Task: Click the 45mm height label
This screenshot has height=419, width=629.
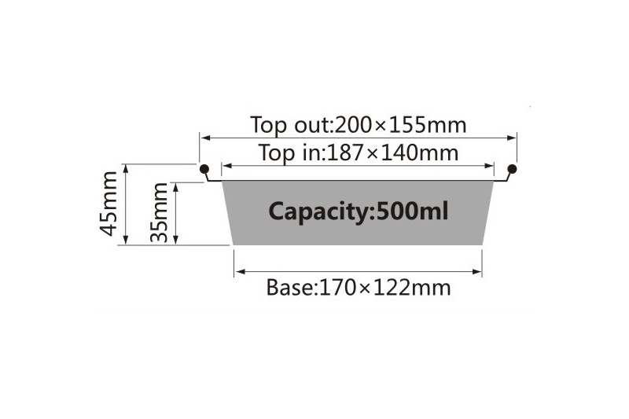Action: click(109, 204)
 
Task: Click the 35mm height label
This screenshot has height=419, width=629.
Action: click(159, 212)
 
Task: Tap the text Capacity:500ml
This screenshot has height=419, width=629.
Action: click(359, 211)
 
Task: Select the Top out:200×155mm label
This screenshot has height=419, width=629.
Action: click(359, 125)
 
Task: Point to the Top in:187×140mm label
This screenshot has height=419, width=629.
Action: click(359, 153)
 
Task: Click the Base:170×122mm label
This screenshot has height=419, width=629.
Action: click(359, 288)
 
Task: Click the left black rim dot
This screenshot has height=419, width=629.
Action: click(204, 168)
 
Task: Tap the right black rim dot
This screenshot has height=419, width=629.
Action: click(513, 168)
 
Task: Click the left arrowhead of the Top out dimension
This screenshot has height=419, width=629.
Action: click(205, 138)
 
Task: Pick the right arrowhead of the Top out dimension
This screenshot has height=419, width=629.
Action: click(512, 138)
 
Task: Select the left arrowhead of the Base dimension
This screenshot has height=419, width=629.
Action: click(240, 272)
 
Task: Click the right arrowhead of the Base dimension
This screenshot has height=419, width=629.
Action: click(476, 272)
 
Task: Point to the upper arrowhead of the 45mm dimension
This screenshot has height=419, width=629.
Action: click(126, 169)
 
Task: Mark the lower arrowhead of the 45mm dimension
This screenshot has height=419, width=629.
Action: click(126, 239)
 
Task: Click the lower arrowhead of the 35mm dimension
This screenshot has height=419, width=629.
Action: click(175, 239)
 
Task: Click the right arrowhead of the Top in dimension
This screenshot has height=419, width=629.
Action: click(489, 166)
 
